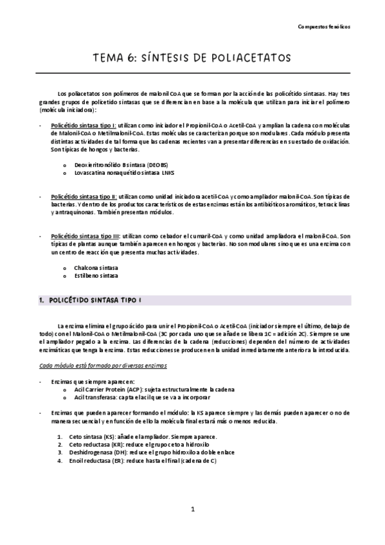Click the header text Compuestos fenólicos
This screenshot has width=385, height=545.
(325, 27)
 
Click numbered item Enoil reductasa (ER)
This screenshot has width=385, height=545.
(96, 461)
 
